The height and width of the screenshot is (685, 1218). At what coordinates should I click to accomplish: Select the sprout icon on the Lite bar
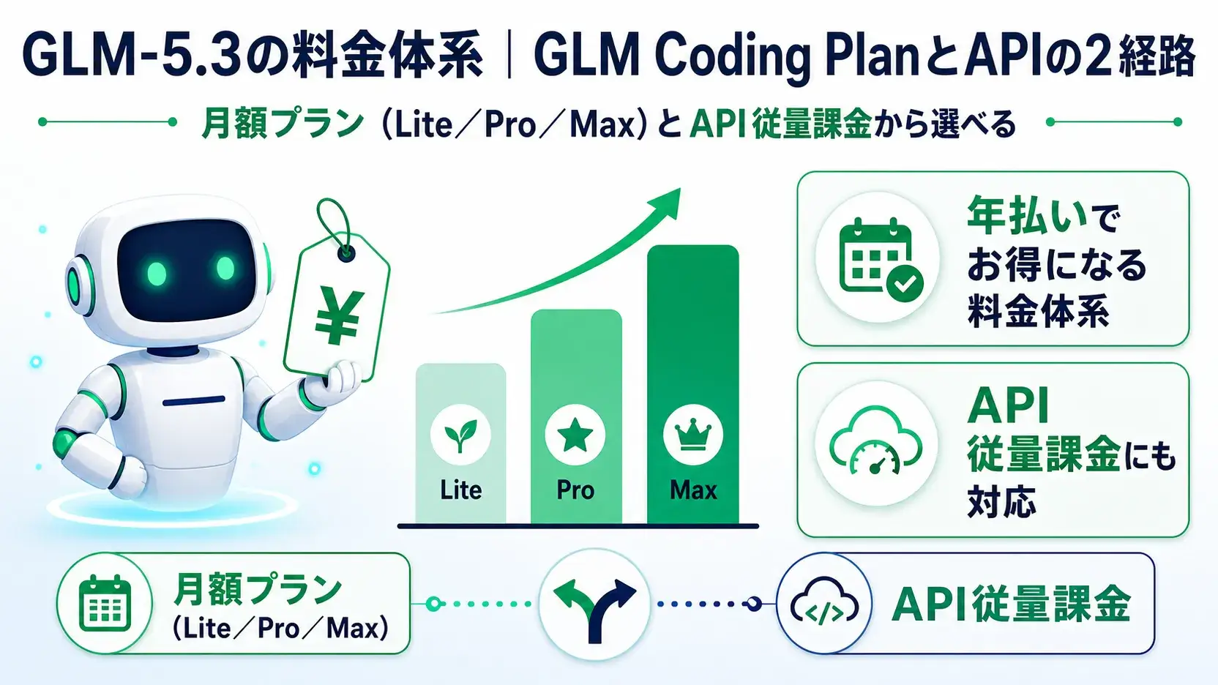tap(460, 435)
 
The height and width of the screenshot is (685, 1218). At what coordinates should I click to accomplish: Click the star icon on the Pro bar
tap(575, 435)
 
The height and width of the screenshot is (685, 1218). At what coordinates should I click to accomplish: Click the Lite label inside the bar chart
tap(460, 490)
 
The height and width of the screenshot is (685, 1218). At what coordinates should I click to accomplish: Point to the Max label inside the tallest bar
tap(693, 490)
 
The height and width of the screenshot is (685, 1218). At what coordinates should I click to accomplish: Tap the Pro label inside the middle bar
tap(575, 490)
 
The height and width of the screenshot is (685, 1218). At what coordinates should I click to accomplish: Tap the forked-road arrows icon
tap(594, 604)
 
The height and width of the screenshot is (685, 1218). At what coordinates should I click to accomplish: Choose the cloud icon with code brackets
tap(823, 603)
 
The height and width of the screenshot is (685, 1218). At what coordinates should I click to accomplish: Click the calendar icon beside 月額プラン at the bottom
tap(105, 604)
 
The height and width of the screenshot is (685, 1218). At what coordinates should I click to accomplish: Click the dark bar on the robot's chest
tap(193, 402)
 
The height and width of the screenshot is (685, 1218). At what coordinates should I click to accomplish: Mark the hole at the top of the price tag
tap(345, 252)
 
